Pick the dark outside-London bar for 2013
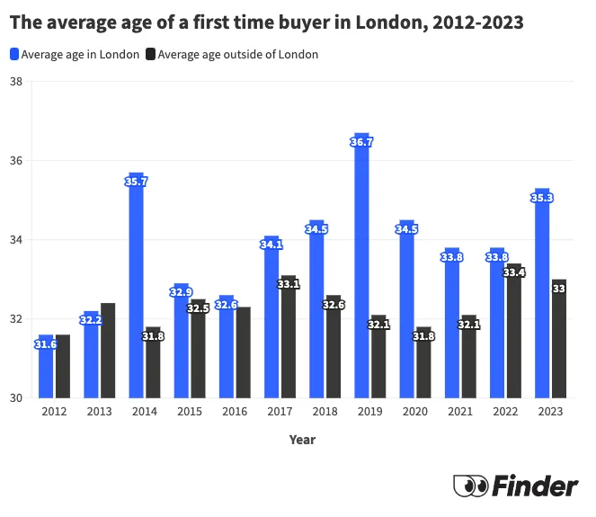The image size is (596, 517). point(108,351)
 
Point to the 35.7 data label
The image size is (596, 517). point(136,182)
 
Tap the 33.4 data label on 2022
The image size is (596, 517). point(513,272)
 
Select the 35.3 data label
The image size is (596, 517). point(541,198)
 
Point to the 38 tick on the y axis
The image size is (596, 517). point(16,82)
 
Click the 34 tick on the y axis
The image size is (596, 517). point(16,240)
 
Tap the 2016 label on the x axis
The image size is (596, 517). point(235,412)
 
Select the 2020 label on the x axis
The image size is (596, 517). point(414,412)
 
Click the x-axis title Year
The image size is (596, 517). point(302,440)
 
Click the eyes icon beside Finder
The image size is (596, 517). point(470,486)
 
